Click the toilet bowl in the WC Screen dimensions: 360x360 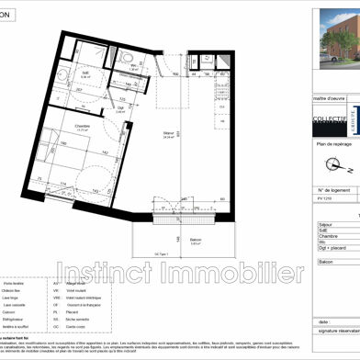point(129,63)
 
